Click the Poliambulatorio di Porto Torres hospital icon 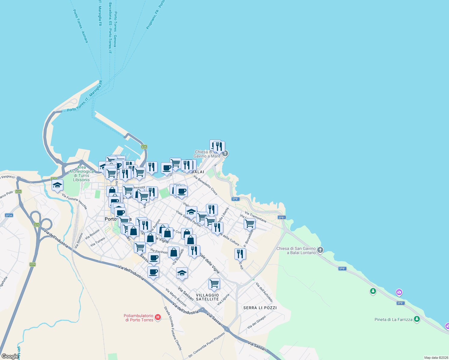click(x=158, y=317)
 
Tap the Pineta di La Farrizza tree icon click(x=417, y=319)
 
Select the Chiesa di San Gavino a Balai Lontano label click(x=296, y=250)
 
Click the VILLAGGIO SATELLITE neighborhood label click(x=207, y=297)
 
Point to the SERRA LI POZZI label click(x=260, y=308)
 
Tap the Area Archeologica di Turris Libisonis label click(x=81, y=174)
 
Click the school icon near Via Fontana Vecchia click(x=57, y=185)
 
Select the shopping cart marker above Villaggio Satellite click(x=214, y=283)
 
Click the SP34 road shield click(x=9, y=215)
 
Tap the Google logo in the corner click(x=10, y=356)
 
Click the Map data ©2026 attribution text click(x=436, y=358)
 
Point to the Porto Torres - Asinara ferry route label click(x=80, y=26)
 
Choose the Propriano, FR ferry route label click(x=155, y=15)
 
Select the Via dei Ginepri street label click(x=257, y=322)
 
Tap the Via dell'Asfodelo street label click(x=264, y=292)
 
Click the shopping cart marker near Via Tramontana click(x=249, y=223)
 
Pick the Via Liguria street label click(x=223, y=299)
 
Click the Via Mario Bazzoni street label click(x=176, y=298)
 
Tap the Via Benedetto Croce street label click(x=205, y=185)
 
